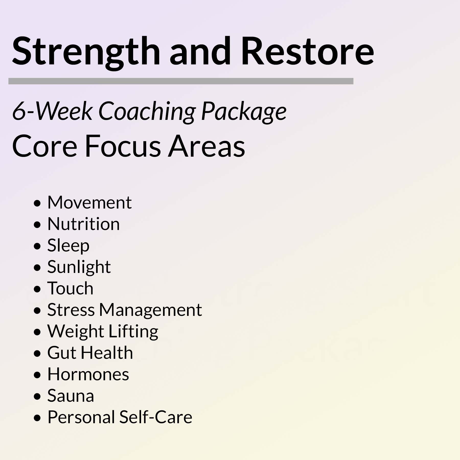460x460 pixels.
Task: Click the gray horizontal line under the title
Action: [181, 81]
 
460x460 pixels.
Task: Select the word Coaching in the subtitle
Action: [147, 112]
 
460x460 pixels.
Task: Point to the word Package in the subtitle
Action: [244, 112]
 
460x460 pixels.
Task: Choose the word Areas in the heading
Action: [206, 146]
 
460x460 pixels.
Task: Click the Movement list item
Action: [89, 202]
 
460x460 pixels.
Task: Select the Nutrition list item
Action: [84, 224]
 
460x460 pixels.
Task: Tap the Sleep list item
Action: [68, 246]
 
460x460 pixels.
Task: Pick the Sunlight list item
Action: [79, 267]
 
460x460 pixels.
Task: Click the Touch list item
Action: [70, 288]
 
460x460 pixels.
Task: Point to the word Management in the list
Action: [151, 310]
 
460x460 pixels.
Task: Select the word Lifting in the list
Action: [133, 332]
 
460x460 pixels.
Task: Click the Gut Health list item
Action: [90, 353]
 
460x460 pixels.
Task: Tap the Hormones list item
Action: [88, 374]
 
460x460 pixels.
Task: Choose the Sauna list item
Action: [71, 396]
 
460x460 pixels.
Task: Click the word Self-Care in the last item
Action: [156, 417]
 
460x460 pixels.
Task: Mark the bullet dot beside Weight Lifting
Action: [37, 332]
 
